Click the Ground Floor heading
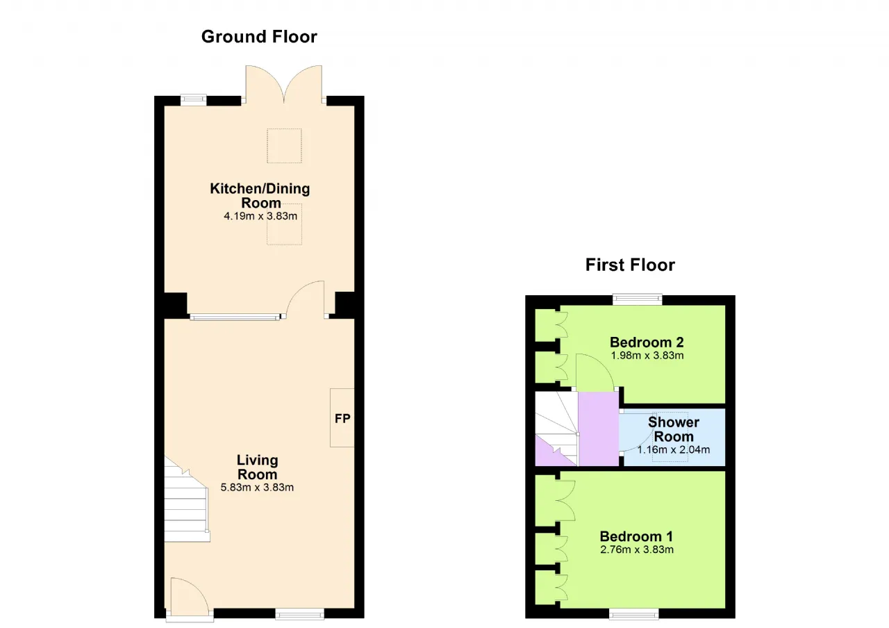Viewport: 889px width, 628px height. (259, 37)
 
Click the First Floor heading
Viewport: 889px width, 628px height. (630, 265)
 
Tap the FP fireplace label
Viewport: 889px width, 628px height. (342, 418)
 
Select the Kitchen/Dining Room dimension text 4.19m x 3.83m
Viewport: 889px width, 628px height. (260, 216)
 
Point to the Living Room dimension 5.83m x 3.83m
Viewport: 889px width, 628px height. (257, 488)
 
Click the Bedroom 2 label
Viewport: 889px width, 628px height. (647, 342)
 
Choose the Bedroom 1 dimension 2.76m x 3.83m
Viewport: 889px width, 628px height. (637, 549)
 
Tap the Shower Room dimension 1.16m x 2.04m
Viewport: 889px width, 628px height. (674, 449)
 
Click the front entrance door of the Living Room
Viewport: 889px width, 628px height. (190, 600)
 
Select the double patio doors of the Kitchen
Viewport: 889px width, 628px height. (284, 85)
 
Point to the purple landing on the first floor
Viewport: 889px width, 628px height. (598, 429)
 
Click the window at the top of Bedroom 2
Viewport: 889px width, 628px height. (638, 299)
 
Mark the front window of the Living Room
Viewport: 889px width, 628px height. (300, 615)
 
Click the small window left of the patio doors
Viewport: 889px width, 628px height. (194, 99)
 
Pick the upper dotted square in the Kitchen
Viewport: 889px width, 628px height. (284, 146)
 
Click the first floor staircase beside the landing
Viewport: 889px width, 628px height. (556, 429)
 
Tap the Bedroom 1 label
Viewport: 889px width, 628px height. (636, 537)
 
